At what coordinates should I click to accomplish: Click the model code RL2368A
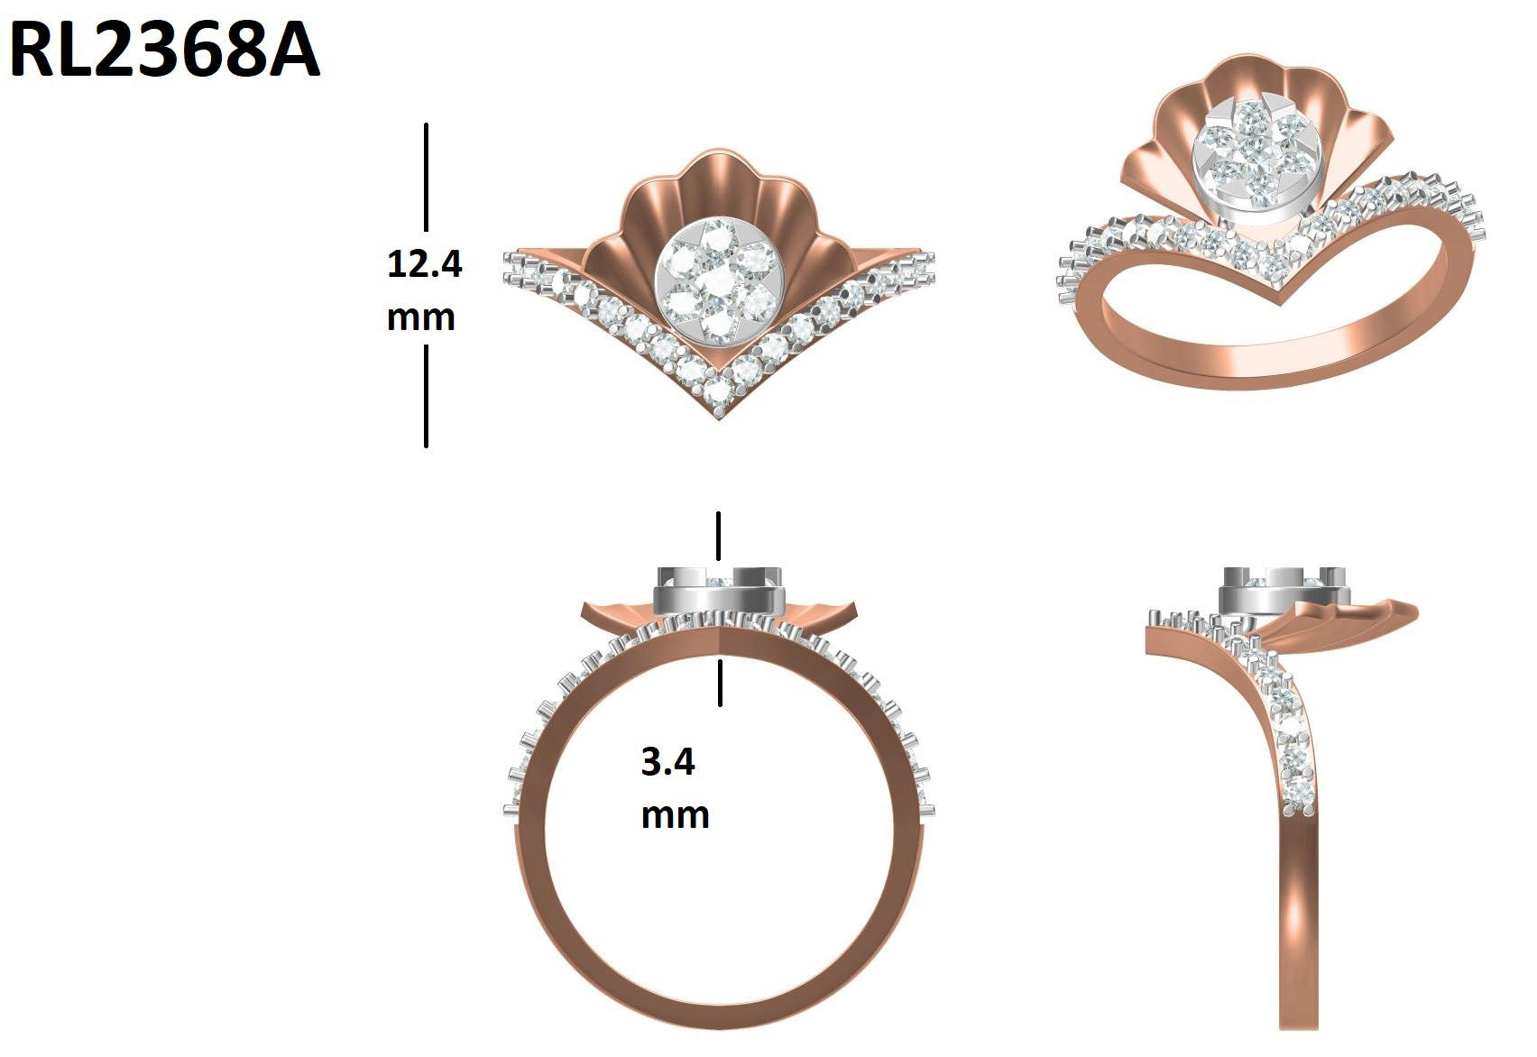point(165,51)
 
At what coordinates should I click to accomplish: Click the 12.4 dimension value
point(425,263)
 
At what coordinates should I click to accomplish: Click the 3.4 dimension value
point(667,761)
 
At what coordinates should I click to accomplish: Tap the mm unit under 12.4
point(420,318)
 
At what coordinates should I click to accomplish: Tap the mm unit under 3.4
point(676,816)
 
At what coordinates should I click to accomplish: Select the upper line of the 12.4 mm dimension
point(426,177)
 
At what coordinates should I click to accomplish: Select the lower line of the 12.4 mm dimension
point(426,397)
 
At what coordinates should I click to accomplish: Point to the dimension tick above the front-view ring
point(718,536)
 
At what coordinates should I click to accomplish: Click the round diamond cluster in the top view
point(719,282)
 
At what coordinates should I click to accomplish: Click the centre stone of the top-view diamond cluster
point(718,281)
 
